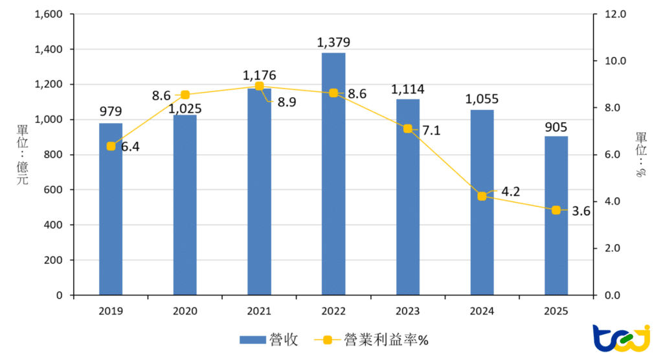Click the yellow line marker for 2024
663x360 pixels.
[x=482, y=196]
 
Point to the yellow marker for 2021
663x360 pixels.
[x=259, y=86]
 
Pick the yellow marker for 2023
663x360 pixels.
[x=407, y=128]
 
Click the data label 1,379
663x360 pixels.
[x=333, y=43]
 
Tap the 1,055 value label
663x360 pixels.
[x=482, y=99]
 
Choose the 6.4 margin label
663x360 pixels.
[x=130, y=147]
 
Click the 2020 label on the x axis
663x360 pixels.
[x=185, y=311]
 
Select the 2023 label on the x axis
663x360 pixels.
[x=407, y=311]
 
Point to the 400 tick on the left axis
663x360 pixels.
[x=54, y=225]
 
